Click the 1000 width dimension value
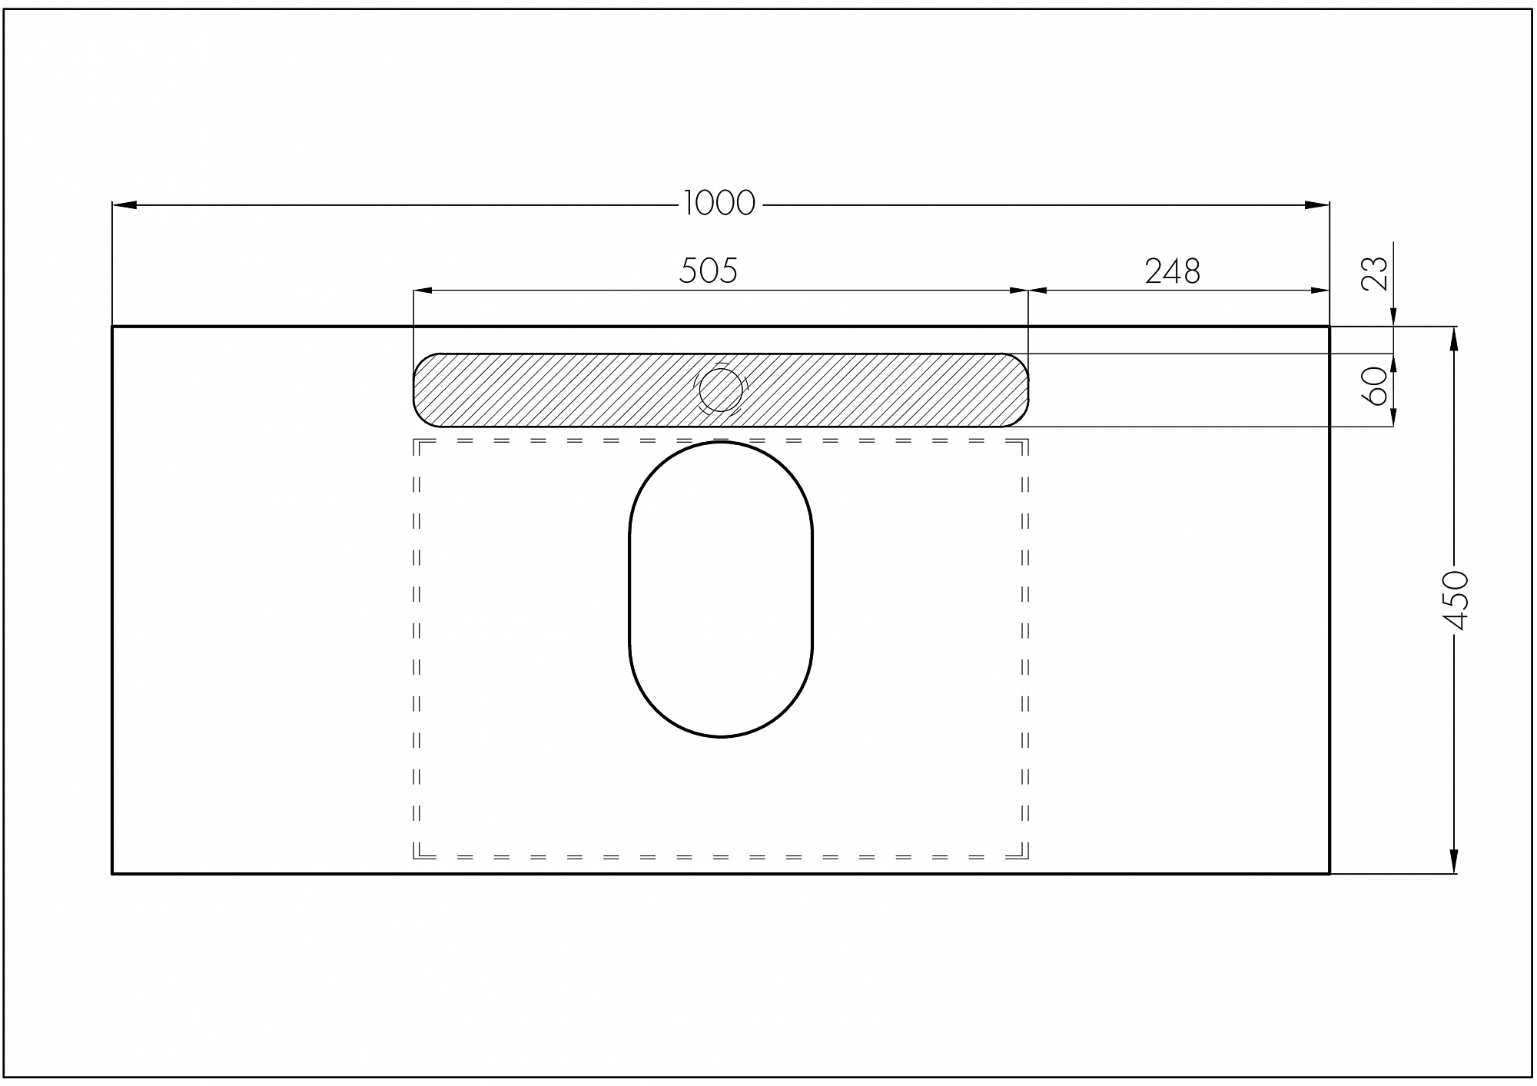pos(719,204)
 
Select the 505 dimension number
pos(708,271)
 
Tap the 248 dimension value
pos(1173,271)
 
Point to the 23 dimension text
pos(1375,274)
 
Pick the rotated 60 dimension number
pos(1375,387)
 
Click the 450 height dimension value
pos(1455,600)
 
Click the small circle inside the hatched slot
pos(721,390)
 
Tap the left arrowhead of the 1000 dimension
pos(124,205)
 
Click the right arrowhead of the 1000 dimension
pos(1317,205)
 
